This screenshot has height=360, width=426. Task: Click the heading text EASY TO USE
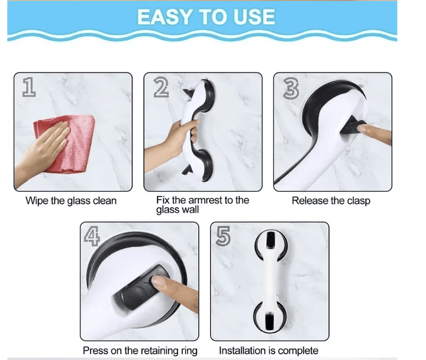pyautogui.click(x=206, y=17)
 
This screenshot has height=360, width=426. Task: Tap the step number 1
pyautogui.click(x=29, y=86)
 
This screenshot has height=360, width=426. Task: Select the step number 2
pyautogui.click(x=161, y=87)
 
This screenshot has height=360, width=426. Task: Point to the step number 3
pyautogui.click(x=291, y=88)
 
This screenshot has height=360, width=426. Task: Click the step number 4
pyautogui.click(x=92, y=236)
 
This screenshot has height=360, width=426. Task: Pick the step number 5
pyautogui.click(x=223, y=236)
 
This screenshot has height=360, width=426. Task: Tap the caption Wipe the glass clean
pyautogui.click(x=71, y=201)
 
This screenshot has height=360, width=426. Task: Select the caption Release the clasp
pyautogui.click(x=331, y=201)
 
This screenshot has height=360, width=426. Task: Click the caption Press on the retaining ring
pyautogui.click(x=140, y=351)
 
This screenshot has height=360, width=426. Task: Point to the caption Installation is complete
pyautogui.click(x=269, y=351)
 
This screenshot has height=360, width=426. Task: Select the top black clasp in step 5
pyautogui.click(x=270, y=240)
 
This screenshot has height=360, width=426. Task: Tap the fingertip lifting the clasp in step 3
pyautogui.click(x=362, y=128)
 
